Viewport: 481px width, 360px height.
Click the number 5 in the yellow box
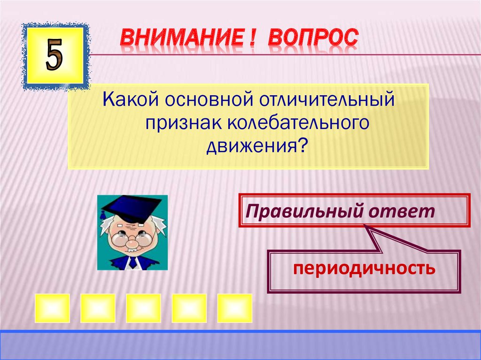54,56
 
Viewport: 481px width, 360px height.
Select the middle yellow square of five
143,308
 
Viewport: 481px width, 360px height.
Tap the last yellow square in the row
234,308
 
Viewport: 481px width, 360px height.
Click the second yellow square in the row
98,308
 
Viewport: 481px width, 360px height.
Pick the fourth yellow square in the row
189,308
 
